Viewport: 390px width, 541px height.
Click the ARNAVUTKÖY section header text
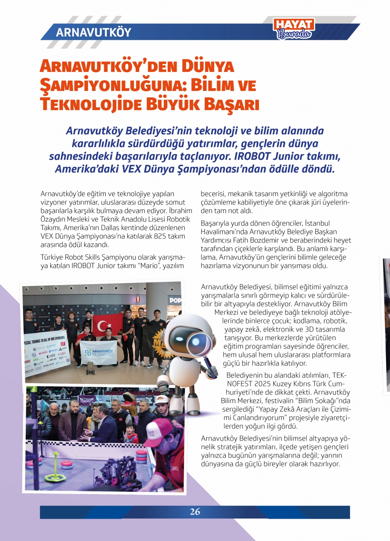pos(94,32)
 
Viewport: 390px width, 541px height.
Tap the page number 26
pos(195,512)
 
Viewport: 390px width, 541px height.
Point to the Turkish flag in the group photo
pos(105,325)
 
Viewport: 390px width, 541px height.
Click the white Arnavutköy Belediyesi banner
pos(99,352)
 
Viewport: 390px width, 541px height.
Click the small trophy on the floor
pos(90,367)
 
